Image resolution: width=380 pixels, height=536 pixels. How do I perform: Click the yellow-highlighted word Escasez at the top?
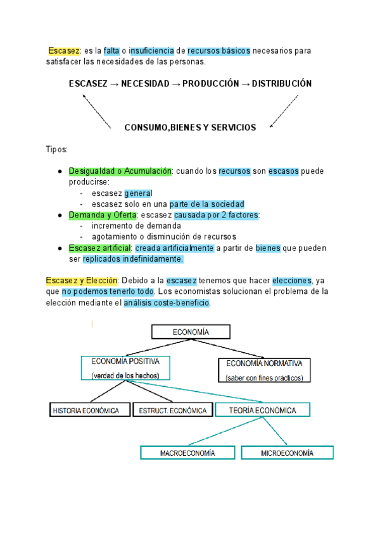point(64,51)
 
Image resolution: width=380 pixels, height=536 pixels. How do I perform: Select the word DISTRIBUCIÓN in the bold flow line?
point(282,83)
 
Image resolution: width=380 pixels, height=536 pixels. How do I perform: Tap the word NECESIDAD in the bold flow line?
point(142,83)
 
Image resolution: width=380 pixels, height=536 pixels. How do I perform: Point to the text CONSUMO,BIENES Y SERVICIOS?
point(190,128)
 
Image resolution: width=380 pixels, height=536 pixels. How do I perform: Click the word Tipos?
point(56,150)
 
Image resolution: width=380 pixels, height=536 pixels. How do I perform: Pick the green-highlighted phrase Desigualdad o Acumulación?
point(120,171)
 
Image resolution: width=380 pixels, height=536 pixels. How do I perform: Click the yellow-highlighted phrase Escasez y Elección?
point(82,281)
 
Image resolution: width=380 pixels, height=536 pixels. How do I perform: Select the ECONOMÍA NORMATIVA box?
point(264,370)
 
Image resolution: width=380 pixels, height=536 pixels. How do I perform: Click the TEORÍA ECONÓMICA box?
point(264,410)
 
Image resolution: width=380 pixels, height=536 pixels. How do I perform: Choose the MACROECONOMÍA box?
point(187,453)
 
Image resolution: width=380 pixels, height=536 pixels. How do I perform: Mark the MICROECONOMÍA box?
point(287,453)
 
